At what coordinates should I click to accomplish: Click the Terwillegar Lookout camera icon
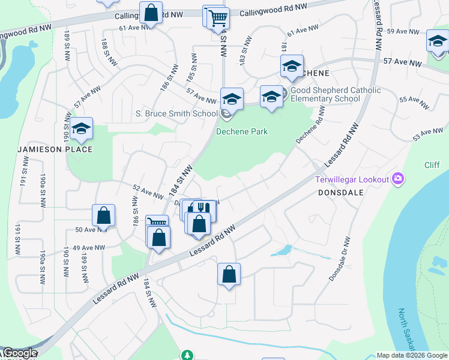[x=397, y=178]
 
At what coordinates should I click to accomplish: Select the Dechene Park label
[x=242, y=131]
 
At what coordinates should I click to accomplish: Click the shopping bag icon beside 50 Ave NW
[x=104, y=216]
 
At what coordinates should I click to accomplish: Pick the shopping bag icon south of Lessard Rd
[x=229, y=275]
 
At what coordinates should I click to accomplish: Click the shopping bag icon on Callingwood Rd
[x=151, y=12]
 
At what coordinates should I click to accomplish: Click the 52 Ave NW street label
[x=148, y=192]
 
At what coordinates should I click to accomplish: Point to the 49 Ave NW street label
[x=88, y=247]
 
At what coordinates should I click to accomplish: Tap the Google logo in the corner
[x=19, y=353]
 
